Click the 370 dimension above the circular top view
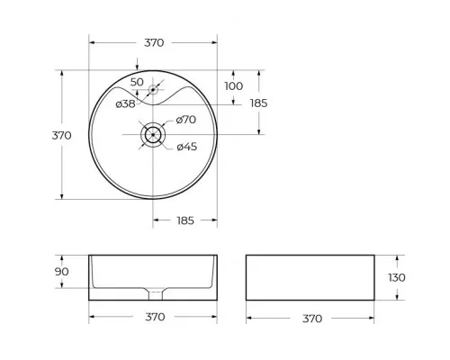coord(154,42)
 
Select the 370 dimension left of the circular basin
coord(61,135)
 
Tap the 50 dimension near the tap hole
coord(136,82)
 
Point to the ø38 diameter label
coord(126,104)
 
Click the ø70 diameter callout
coord(186,120)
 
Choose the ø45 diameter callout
coord(186,147)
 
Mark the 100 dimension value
coord(234,85)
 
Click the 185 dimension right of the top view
coord(259,103)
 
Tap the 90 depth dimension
coord(60,272)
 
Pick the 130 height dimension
coord(396,278)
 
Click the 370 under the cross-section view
coord(154,318)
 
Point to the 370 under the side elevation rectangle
coord(311,318)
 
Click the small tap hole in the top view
coord(154,90)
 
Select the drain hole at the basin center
coord(154,134)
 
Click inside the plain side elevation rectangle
coord(311,278)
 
